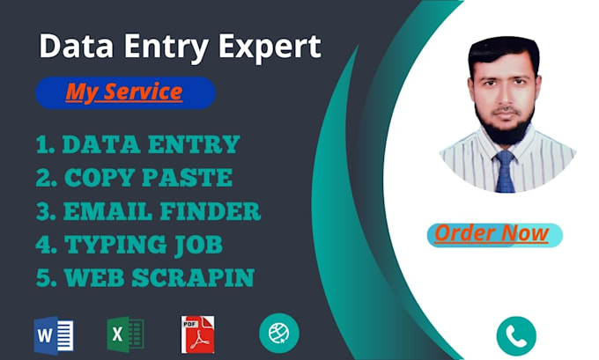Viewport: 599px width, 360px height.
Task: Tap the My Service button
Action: coord(124,92)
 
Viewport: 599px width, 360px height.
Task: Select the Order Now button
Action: coord(492,233)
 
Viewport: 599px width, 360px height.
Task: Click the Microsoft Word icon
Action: coord(53,334)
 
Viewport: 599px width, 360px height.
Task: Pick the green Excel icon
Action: coord(125,334)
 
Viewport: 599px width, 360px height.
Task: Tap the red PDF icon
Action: coord(198,334)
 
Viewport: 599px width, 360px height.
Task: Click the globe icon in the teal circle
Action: coord(279,333)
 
